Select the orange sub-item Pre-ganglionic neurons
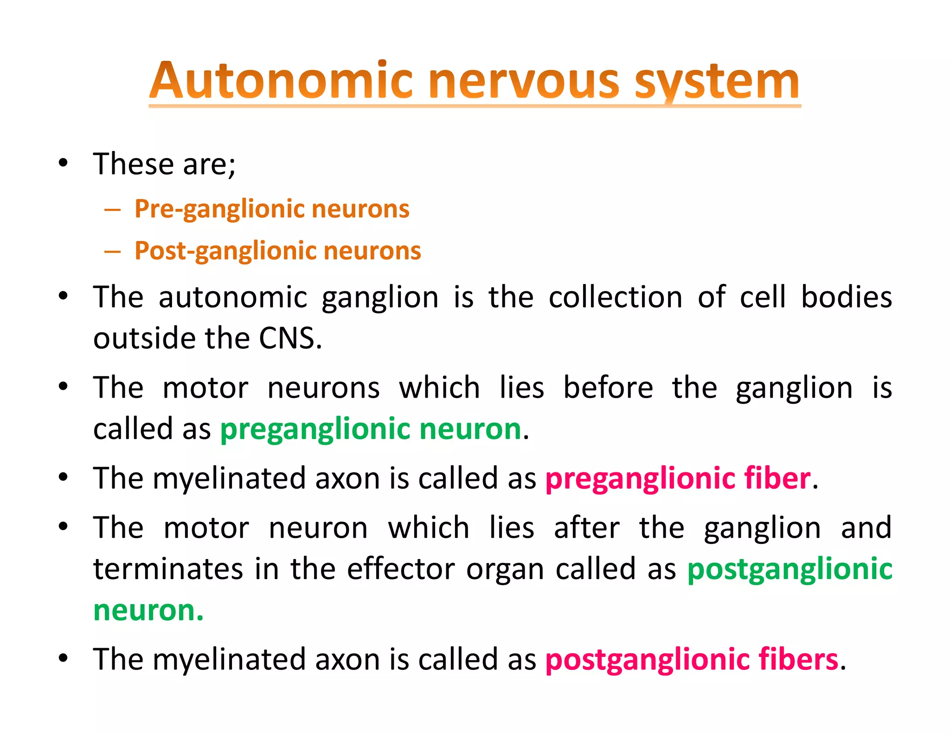pyautogui.click(x=272, y=209)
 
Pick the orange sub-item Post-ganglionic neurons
pyautogui.click(x=277, y=251)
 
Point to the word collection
pyautogui.click(x=616, y=297)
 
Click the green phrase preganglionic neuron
pyautogui.click(x=371, y=428)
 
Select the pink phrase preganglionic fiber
pyautogui.click(x=678, y=478)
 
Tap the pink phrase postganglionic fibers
pyautogui.click(x=692, y=659)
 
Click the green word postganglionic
pyautogui.click(x=790, y=569)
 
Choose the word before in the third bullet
pyautogui.click(x=608, y=387)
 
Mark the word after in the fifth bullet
pyautogui.click(x=587, y=528)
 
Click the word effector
pyautogui.click(x=401, y=569)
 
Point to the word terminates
pyautogui.click(x=168, y=569)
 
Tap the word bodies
pyautogui.click(x=847, y=297)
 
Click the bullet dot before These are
pyautogui.click(x=64, y=163)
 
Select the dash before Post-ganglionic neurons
pyautogui.click(x=112, y=251)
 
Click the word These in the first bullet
pyautogui.click(x=133, y=164)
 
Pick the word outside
pyautogui.click(x=144, y=338)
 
